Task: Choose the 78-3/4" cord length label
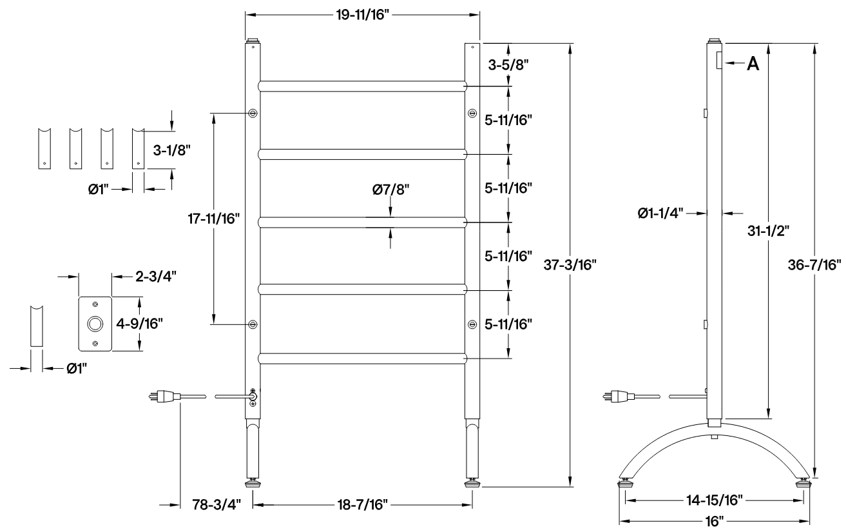(215, 504)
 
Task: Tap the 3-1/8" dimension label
(172, 150)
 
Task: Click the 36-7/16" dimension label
(818, 264)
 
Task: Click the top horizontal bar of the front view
(362, 86)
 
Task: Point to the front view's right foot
(472, 481)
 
